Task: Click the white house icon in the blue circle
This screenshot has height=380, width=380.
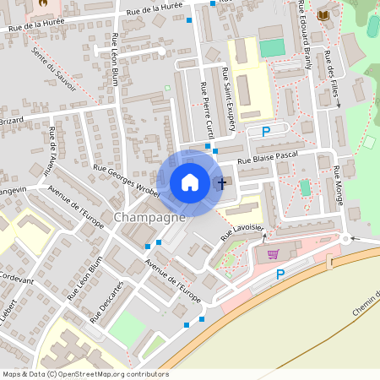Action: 190,182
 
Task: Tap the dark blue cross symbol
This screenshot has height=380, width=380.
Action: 222,182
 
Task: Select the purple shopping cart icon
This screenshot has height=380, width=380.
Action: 272,253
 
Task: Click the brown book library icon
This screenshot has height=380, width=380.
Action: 323,15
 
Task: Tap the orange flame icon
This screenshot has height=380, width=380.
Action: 43,3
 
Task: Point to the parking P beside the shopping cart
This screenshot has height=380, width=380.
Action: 281,274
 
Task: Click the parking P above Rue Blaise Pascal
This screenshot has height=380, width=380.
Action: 266,131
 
